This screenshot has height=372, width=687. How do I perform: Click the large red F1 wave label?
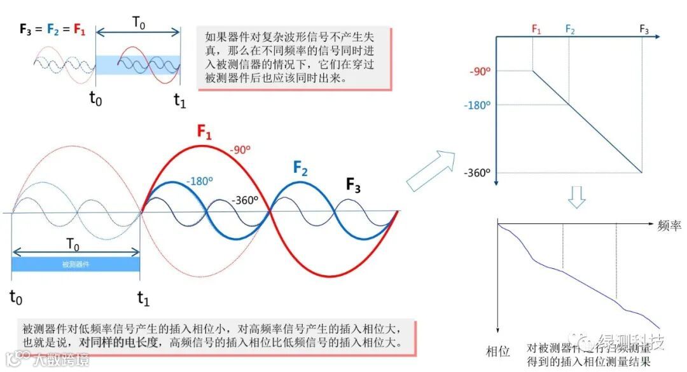[x=204, y=132]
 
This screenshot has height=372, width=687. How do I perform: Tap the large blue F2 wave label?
[x=301, y=169]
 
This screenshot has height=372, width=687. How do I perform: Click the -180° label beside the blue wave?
[x=198, y=182]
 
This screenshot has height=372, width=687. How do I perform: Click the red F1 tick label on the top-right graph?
[x=536, y=29]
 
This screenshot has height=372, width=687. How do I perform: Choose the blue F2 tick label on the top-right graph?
[x=570, y=29]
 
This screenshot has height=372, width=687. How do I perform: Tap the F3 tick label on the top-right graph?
[x=644, y=29]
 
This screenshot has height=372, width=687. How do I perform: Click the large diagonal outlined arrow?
[x=432, y=170]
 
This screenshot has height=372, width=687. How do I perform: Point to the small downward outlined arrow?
[x=576, y=196]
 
